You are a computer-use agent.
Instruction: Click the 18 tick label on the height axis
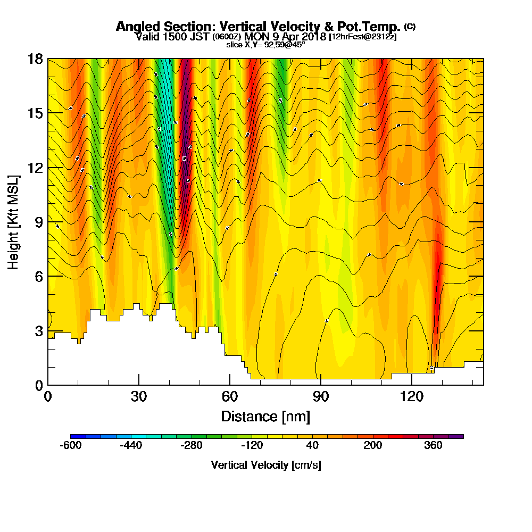point(36,59)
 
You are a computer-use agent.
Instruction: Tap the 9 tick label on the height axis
point(39,222)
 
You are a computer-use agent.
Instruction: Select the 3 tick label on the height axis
point(39,330)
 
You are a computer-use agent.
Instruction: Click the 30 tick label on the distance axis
point(139,397)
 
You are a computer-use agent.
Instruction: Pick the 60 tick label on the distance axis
point(229,397)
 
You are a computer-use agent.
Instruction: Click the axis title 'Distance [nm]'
point(265,415)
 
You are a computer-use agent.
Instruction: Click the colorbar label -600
point(70,446)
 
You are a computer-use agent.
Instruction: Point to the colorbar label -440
point(131,446)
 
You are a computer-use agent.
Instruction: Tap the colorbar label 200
point(373,446)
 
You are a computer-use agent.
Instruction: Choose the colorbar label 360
point(434,446)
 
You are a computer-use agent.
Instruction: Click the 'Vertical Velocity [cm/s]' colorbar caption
point(266,465)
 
